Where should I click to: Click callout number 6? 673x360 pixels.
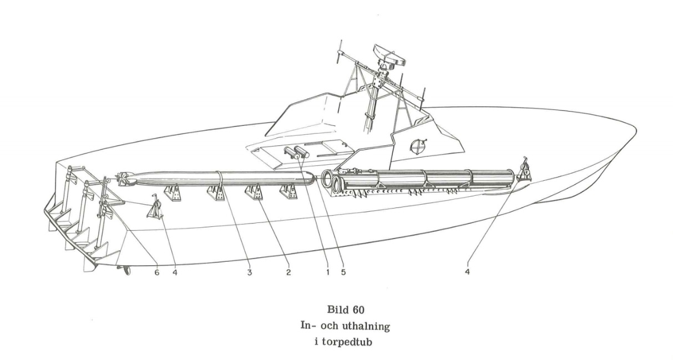click(x=156, y=273)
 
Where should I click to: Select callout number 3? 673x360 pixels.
click(x=250, y=273)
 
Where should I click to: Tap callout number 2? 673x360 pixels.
click(x=289, y=273)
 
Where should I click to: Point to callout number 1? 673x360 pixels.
click(x=327, y=273)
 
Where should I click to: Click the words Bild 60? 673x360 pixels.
click(x=336, y=311)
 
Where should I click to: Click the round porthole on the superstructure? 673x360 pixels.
click(x=416, y=146)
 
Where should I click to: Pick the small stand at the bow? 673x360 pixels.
click(x=524, y=170)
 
